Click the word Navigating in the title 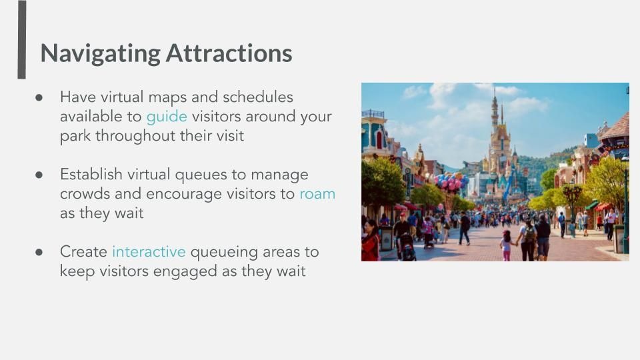tap(101, 53)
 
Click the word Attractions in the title tap(229, 53)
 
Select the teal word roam tap(317, 194)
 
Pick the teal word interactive tap(149, 251)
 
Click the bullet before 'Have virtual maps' tap(39, 97)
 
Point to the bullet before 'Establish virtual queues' tap(39, 175)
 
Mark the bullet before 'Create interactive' tap(39, 252)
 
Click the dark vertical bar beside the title tap(21, 39)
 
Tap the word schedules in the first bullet tap(257, 97)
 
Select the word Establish tap(91, 174)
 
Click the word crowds tap(85, 194)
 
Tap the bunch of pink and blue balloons tap(451, 181)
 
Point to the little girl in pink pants tap(507, 245)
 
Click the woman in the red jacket tap(370, 241)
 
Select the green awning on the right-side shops tap(591, 205)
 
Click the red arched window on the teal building tap(379, 139)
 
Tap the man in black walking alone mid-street tap(465, 228)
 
